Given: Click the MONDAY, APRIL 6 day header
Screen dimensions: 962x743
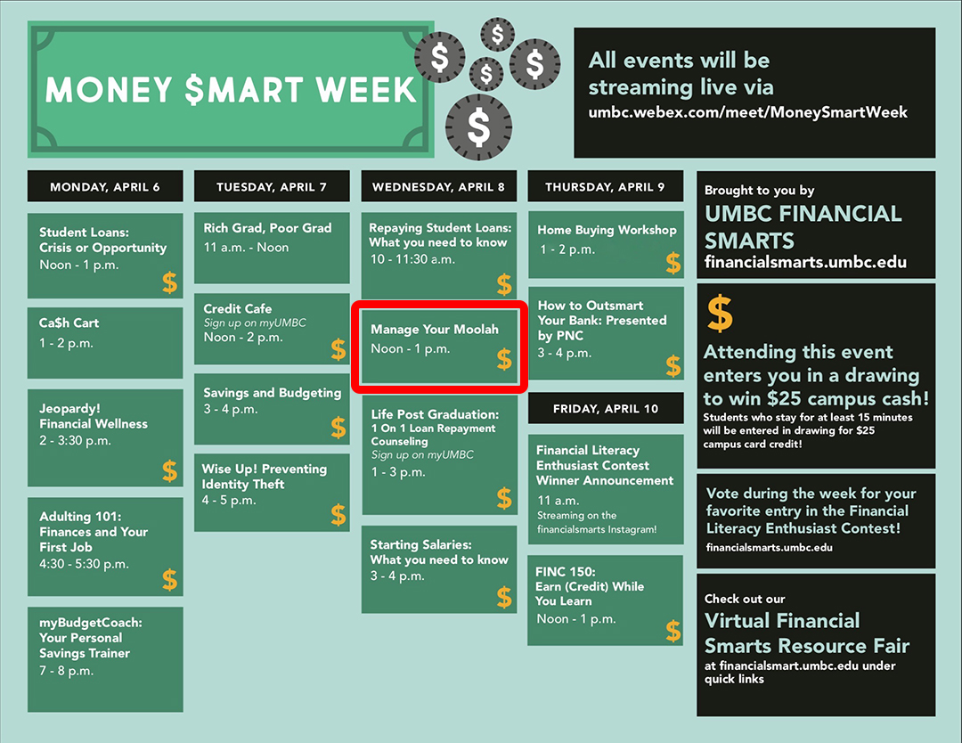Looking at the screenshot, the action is pos(105,186).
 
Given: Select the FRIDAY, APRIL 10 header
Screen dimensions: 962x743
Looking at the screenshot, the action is pos(606,409).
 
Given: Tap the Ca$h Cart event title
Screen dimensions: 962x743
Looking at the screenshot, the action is pos(69,323).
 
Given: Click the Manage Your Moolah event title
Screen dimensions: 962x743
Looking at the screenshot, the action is pos(435,330).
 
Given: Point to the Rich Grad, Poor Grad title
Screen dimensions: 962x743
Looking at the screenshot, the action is pos(267,228).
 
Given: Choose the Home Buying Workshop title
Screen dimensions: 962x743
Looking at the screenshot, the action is pos(607,230).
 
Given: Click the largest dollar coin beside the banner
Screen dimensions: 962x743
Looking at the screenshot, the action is pos(478,127).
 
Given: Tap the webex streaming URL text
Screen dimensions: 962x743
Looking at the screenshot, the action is pos(747,112).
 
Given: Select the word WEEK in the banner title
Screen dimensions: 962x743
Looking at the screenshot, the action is pos(366,90).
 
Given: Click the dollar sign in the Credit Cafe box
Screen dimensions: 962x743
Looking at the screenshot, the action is pos(338,349).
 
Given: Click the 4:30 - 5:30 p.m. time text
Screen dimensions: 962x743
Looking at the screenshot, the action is pos(84,564).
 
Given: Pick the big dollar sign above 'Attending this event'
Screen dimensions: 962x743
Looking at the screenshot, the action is pos(720,314).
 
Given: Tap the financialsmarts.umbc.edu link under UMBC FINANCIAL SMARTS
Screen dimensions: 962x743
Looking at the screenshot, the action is pos(805,263).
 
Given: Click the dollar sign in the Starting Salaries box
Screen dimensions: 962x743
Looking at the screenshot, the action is pos(504,597).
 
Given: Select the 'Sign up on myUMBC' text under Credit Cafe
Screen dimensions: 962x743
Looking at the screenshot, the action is pos(255,323).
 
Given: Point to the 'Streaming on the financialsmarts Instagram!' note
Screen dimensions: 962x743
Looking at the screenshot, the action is pos(596,522).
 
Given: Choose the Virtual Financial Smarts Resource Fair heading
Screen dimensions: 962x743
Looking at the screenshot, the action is pos(807,633).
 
